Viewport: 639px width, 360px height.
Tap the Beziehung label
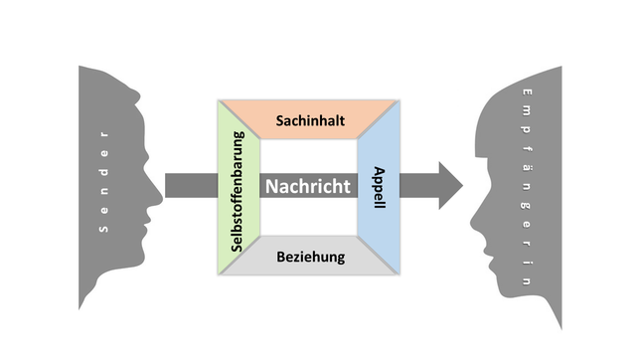(310, 257)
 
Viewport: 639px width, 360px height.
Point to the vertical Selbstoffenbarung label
(239, 189)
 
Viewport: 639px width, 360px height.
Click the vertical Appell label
(379, 186)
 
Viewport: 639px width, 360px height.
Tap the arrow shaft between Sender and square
(189, 186)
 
